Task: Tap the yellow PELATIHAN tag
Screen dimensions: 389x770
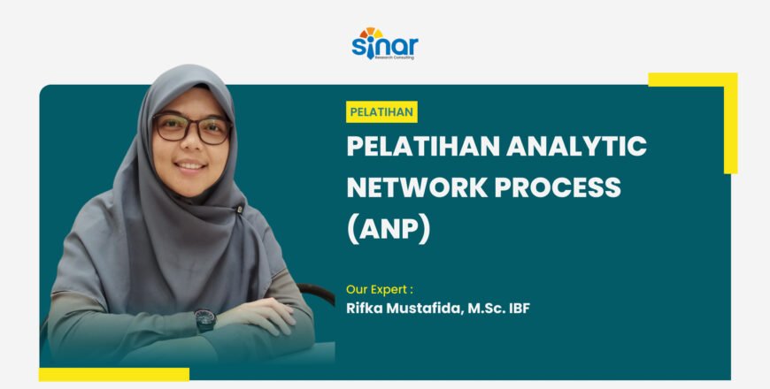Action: coord(381,112)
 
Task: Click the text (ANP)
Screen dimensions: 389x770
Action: coord(388,228)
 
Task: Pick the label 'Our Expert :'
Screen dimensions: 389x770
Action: coord(380,288)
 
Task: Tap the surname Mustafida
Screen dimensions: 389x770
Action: coord(420,309)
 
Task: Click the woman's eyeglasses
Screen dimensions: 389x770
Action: coord(191,129)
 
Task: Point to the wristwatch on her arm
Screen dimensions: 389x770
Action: coord(204,319)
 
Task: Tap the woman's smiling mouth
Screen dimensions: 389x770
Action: coord(189,165)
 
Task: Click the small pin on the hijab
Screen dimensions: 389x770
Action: coord(239,210)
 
